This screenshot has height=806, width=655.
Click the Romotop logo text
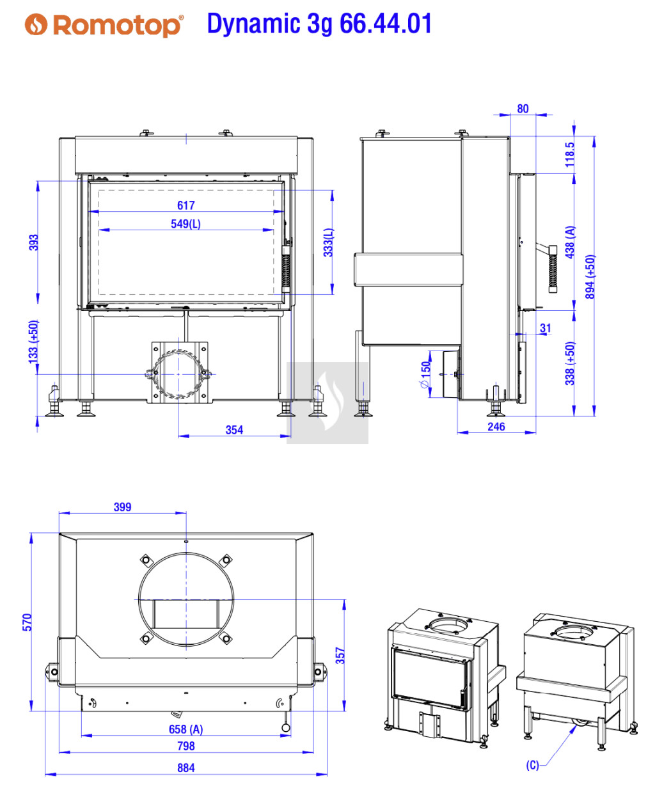point(118,26)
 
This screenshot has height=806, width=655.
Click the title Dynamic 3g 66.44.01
point(319,24)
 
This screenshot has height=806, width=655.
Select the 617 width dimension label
point(185,205)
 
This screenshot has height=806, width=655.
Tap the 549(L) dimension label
point(185,224)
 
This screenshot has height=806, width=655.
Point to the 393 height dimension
point(34,242)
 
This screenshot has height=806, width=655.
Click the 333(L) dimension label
point(328,242)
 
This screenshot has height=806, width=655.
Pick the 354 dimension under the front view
point(234,429)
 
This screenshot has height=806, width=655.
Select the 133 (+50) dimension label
point(34,342)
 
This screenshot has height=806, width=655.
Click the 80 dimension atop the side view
point(523,109)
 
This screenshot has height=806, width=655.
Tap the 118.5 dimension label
point(569,154)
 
